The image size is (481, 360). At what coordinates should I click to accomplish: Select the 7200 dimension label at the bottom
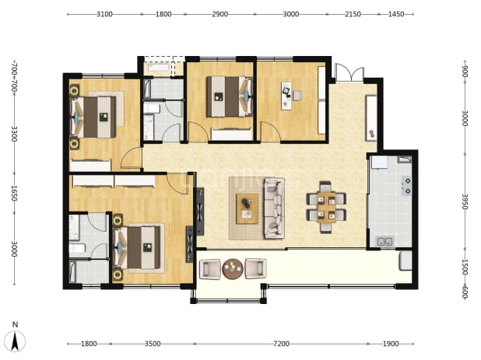(x=281, y=344)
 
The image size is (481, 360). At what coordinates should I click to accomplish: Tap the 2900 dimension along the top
(x=219, y=14)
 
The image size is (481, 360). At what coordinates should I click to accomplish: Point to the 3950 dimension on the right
(x=465, y=201)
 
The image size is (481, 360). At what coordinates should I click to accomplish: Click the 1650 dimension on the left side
(x=14, y=194)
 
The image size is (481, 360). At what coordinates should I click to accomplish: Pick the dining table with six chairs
(x=326, y=208)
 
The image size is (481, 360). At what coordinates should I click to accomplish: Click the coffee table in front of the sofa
(x=247, y=208)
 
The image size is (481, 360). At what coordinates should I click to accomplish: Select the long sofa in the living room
(x=275, y=208)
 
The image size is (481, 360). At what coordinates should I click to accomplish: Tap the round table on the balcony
(x=233, y=269)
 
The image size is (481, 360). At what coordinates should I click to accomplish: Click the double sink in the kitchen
(x=385, y=242)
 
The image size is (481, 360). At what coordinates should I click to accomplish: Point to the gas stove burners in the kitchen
(x=407, y=186)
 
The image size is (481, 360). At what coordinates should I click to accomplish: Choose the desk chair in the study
(x=297, y=96)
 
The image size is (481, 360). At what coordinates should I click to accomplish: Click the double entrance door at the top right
(x=349, y=72)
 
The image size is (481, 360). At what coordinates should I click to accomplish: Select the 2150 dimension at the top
(x=353, y=14)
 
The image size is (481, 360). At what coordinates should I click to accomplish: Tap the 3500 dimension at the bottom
(x=153, y=344)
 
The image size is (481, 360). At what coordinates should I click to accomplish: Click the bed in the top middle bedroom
(x=230, y=96)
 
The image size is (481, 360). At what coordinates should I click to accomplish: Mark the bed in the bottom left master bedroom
(x=137, y=247)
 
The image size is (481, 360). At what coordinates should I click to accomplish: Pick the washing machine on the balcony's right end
(x=406, y=260)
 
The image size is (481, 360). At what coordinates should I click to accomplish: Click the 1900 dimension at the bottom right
(x=391, y=344)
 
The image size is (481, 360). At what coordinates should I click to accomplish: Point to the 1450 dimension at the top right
(x=396, y=14)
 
